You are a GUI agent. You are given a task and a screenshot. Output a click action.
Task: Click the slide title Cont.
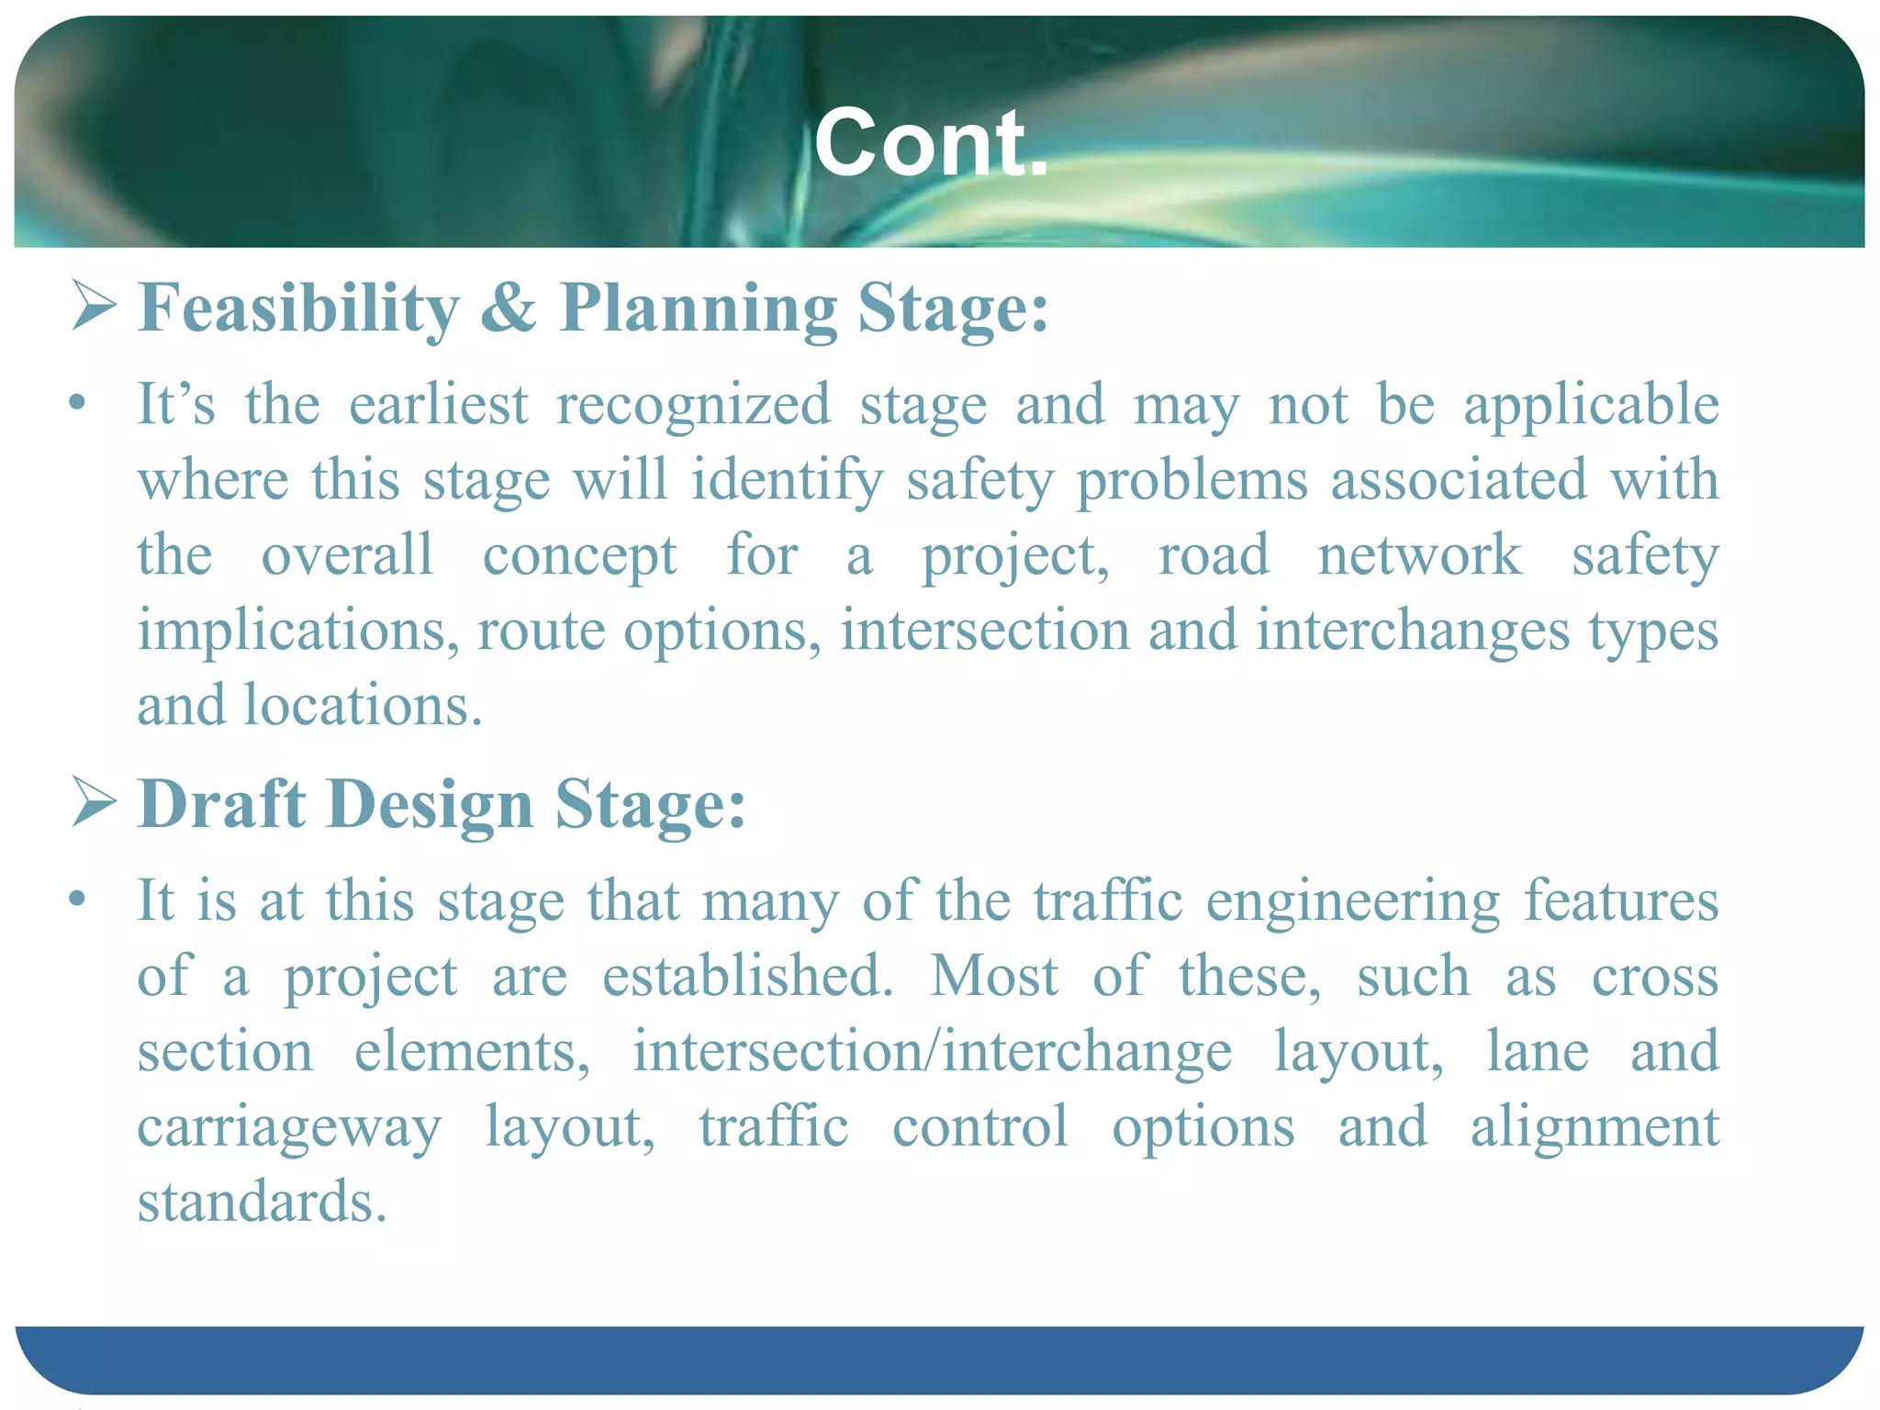point(931,143)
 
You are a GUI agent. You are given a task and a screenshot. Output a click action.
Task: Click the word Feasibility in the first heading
point(298,308)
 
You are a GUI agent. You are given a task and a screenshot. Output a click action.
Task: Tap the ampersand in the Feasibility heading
point(507,308)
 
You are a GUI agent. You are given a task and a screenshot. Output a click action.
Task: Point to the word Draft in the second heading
point(221,804)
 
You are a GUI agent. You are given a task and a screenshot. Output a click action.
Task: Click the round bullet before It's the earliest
point(78,403)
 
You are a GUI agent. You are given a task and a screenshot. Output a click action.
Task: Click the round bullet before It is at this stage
point(78,899)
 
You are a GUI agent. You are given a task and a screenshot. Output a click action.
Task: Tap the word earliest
point(439,404)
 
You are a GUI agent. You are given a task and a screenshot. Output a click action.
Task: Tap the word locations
point(363,706)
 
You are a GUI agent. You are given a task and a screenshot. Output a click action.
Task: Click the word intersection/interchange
point(932,1051)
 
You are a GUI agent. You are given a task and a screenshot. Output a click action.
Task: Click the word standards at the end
point(262,1202)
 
